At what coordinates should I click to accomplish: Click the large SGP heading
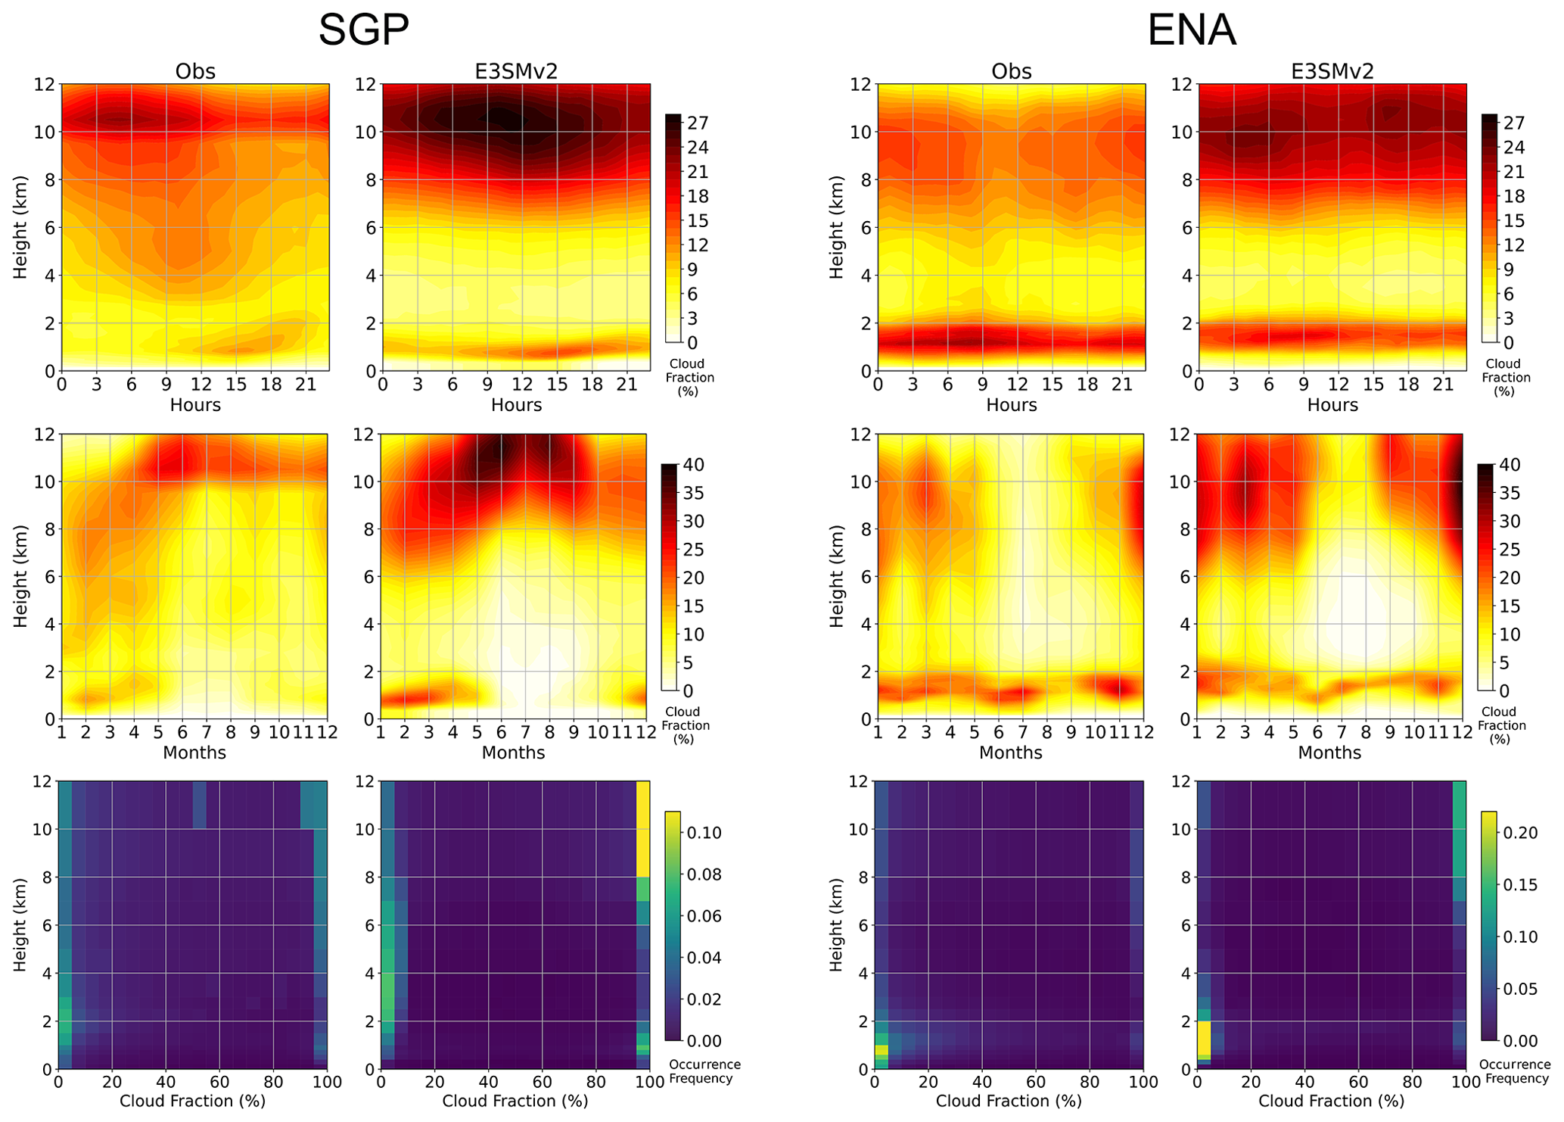coord(363,31)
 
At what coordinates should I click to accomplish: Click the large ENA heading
coord(1191,31)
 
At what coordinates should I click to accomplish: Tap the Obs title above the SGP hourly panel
coord(195,71)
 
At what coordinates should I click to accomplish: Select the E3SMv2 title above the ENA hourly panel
coord(1332,71)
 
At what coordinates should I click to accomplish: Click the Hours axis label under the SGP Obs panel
coord(195,405)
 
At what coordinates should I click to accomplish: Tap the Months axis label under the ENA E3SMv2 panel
coord(1329,753)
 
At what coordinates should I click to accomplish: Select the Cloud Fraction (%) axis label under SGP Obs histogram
coord(192,1102)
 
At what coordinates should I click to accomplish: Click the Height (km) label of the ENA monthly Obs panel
coord(836,576)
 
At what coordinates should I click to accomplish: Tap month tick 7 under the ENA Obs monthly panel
coord(1022,733)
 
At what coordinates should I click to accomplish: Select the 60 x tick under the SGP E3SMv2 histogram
coord(542,1083)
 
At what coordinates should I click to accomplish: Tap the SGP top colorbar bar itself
coord(673,227)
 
